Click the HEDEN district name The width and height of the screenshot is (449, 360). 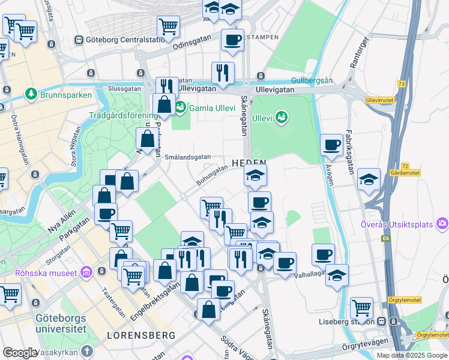(x=249, y=163)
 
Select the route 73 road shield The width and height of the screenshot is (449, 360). (x=401, y=83)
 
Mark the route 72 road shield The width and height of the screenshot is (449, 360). (x=405, y=165)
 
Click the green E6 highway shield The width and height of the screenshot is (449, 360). (x=385, y=238)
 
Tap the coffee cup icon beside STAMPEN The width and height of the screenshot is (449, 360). (x=232, y=40)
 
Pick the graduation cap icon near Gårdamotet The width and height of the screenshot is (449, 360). (x=369, y=179)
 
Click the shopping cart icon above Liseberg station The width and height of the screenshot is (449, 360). (x=361, y=308)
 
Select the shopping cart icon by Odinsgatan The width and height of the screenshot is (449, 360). (x=169, y=26)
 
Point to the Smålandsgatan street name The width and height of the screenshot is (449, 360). (x=187, y=157)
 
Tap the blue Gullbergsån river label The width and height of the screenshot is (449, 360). (x=311, y=80)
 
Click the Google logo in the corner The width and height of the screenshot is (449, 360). (x=20, y=353)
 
